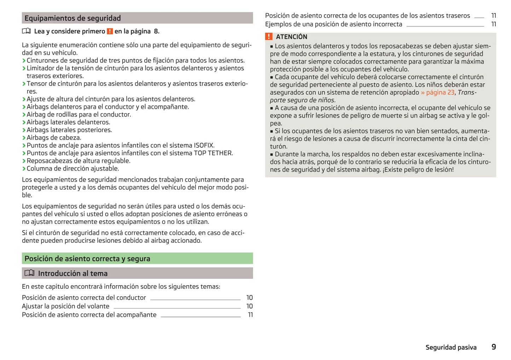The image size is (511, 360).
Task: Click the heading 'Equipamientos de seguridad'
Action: click(72, 18)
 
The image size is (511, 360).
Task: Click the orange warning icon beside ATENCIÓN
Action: click(269, 36)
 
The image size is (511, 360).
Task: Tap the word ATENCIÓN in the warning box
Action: click(291, 37)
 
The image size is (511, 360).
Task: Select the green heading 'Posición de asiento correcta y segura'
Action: click(87, 259)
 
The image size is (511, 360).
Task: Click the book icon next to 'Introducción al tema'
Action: click(29, 273)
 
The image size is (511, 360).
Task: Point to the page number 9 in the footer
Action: click(494, 347)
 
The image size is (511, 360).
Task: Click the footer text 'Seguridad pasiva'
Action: click(451, 347)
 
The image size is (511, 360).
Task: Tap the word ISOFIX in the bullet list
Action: click(204, 145)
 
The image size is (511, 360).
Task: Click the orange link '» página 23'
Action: click(437, 93)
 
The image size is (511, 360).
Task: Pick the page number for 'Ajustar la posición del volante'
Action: click(249, 306)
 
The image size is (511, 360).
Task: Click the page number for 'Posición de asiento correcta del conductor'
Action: click(249, 298)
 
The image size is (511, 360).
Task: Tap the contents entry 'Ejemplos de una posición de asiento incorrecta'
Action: click(333, 24)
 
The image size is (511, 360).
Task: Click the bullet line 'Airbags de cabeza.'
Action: click(54, 138)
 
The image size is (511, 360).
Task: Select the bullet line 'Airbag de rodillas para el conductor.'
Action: click(79, 114)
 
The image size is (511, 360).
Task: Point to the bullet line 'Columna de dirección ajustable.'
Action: click(72, 169)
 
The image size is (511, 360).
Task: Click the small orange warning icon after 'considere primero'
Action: click(110, 31)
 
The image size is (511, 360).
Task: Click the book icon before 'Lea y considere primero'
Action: click(27, 31)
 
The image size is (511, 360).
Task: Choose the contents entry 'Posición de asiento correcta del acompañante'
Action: click(89, 315)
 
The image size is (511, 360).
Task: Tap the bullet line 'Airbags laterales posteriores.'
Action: click(69, 130)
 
